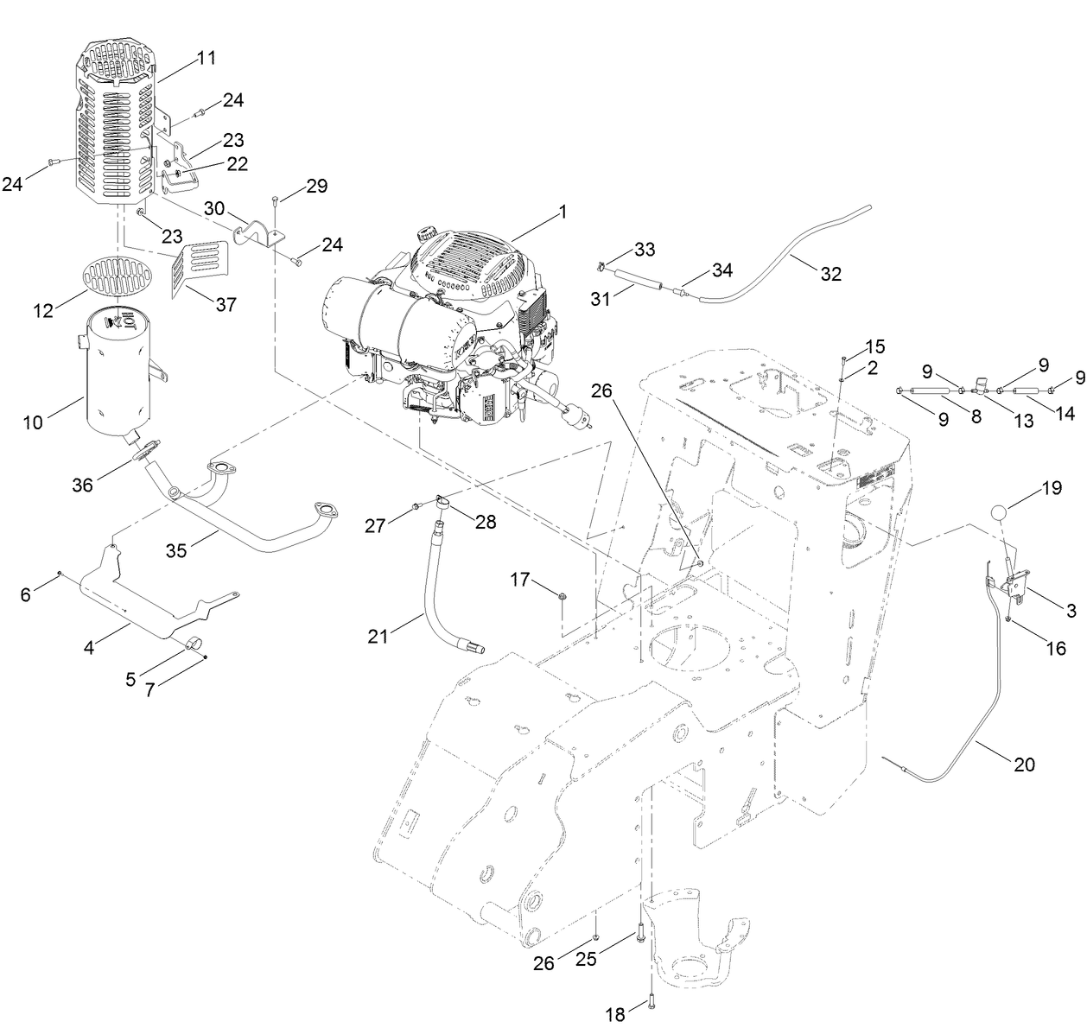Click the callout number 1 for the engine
click(x=563, y=210)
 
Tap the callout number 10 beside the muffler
click(x=33, y=423)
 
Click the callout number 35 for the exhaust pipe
click(x=177, y=550)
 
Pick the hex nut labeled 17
click(x=562, y=595)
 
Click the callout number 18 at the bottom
click(x=614, y=1015)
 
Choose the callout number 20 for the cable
click(x=1023, y=764)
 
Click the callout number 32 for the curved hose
click(x=830, y=274)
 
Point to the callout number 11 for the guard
click(x=206, y=59)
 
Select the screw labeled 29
click(x=275, y=201)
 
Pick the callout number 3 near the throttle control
click(x=1071, y=612)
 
